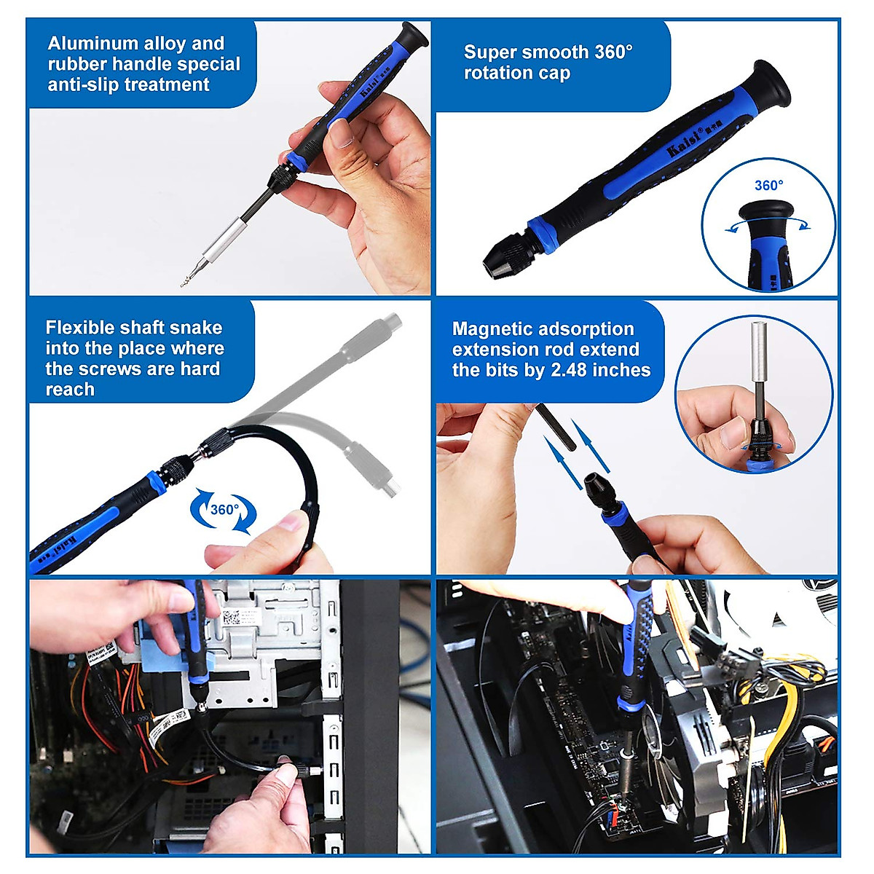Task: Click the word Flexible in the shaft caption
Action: [x=79, y=328]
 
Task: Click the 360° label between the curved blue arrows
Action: [x=224, y=509]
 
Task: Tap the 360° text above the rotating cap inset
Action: [x=768, y=186]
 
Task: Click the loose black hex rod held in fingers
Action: [x=557, y=427]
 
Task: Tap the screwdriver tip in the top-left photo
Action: [x=186, y=281]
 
